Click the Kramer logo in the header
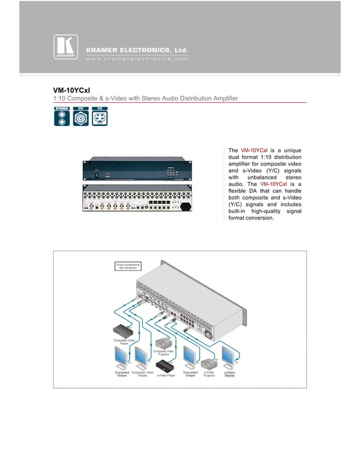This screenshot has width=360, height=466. pos(65,47)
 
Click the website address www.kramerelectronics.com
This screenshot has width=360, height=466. pos(137,59)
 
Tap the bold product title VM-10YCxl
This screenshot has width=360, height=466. pos(72,90)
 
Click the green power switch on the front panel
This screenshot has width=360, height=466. pos(96,175)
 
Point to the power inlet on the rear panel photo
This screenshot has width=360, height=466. pos(183,206)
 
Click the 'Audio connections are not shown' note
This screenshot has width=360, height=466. pos(128,266)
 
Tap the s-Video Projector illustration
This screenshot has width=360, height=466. pos(210,363)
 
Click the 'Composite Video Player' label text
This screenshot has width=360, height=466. pos(124,341)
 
